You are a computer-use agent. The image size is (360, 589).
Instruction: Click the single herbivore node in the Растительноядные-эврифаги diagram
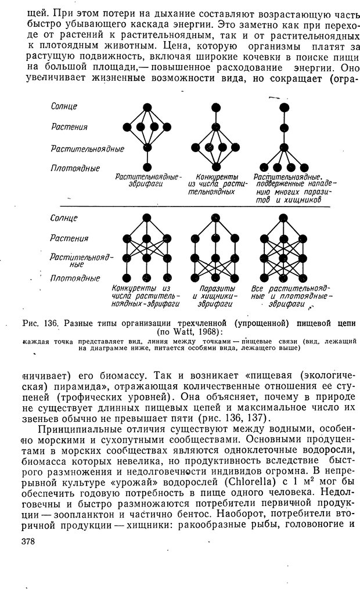pyautogui.click(x=147, y=147)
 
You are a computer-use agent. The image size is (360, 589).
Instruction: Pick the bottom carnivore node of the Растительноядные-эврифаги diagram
pyautogui.click(x=147, y=167)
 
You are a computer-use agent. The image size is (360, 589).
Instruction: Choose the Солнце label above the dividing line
pyautogui.click(x=64, y=107)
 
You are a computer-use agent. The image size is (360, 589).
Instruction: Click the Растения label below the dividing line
pyautogui.click(x=69, y=238)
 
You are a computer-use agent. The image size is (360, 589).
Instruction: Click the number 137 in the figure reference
pyautogui.click(x=270, y=420)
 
